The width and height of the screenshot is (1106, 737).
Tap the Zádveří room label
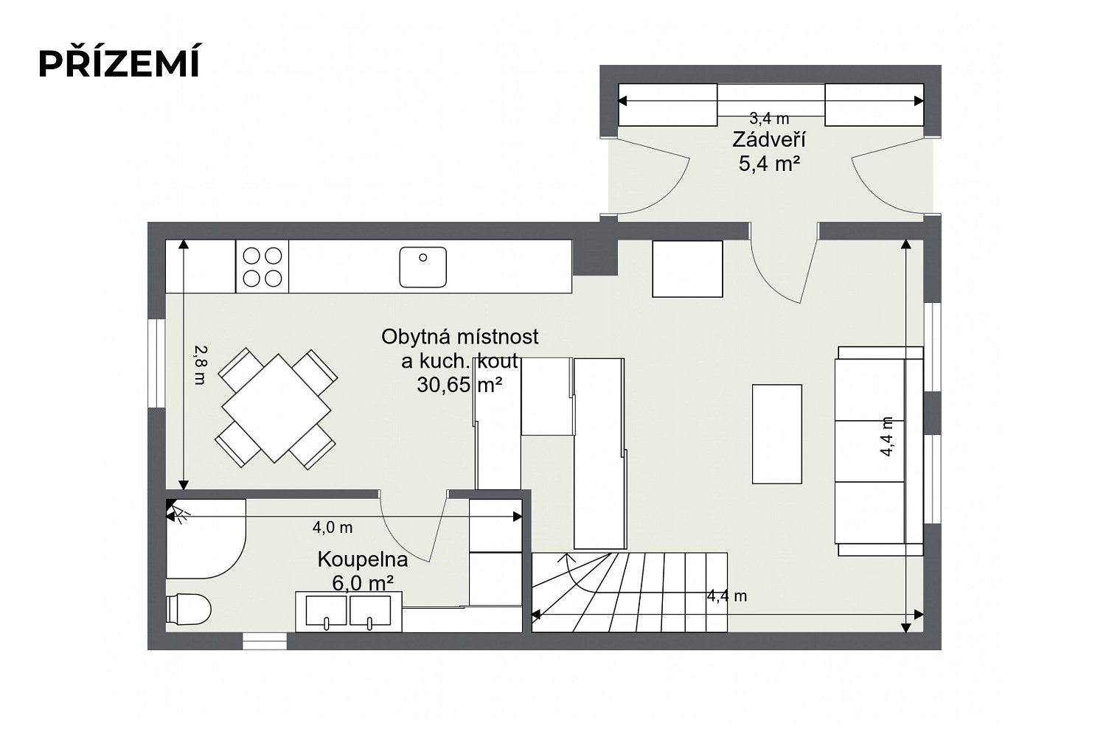[x=769, y=140]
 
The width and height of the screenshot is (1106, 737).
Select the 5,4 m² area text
[x=769, y=164]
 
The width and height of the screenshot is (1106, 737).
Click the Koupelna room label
[x=363, y=560]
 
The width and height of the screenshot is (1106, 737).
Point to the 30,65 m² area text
[x=459, y=385]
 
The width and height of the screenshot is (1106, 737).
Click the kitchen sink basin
[x=422, y=267]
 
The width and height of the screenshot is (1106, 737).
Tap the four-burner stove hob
[x=262, y=267]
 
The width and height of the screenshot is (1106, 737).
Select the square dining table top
[x=276, y=408]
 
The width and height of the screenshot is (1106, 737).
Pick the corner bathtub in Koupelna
[x=206, y=539]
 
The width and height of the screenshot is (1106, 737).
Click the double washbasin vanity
[x=349, y=612]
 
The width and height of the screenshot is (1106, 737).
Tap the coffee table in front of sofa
[x=776, y=434]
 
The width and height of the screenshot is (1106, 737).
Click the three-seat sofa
[x=879, y=451]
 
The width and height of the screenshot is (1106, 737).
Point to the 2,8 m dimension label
[x=200, y=365]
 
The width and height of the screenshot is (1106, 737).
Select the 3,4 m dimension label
[x=769, y=119]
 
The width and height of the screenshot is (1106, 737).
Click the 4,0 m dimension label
[x=333, y=528]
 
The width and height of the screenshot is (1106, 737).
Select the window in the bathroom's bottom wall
[x=265, y=641]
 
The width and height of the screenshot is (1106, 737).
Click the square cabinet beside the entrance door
[x=687, y=269]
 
